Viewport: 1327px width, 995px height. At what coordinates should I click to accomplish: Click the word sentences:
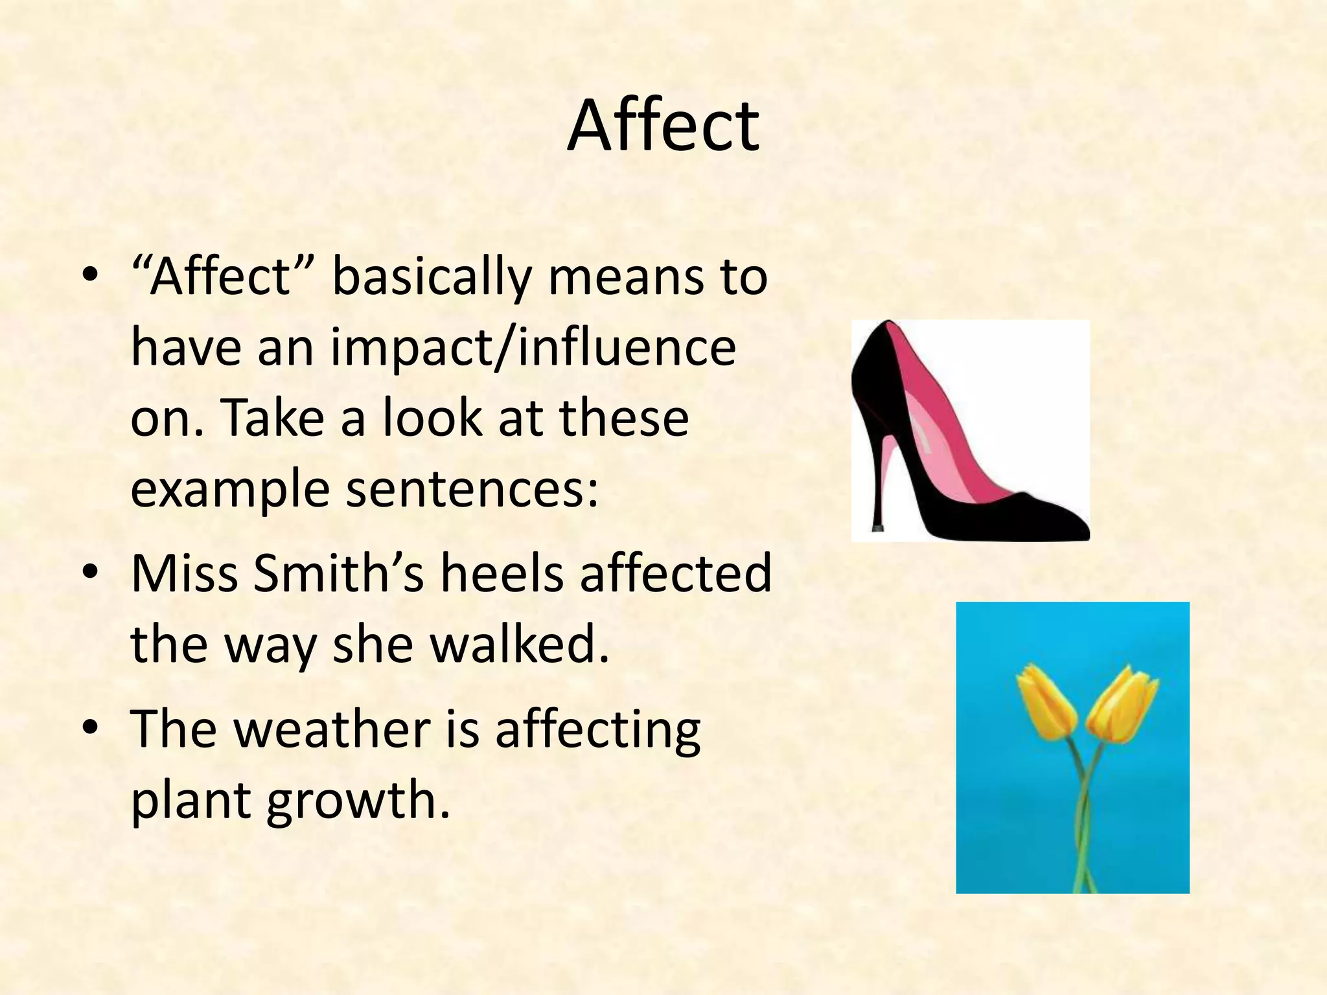tap(472, 488)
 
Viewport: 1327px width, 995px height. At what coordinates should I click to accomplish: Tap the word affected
tap(676, 573)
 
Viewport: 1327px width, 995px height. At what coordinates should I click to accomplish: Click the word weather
tap(332, 729)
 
